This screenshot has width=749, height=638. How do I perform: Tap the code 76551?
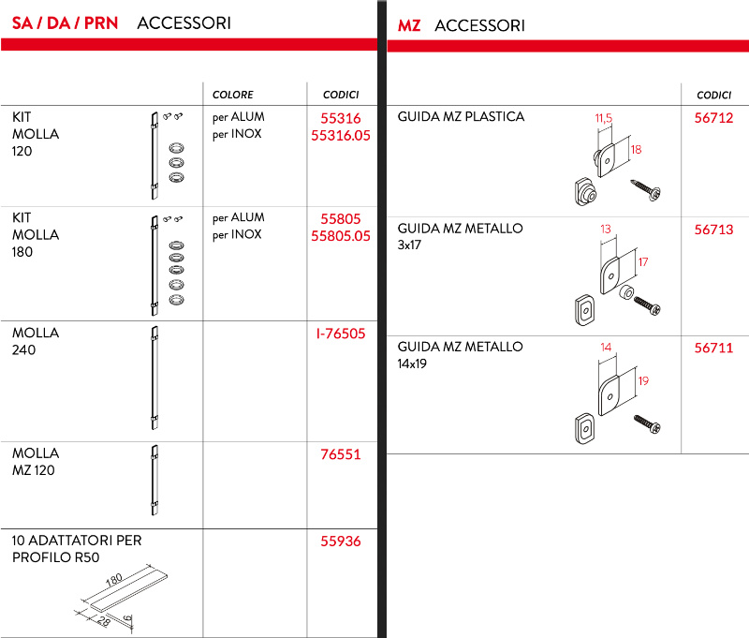coord(341,454)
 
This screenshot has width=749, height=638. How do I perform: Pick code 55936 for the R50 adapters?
coord(341,542)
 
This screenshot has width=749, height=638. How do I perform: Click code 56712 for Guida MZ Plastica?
coord(713,118)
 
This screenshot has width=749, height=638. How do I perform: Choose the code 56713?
coord(713,230)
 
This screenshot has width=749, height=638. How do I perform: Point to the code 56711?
coord(713,348)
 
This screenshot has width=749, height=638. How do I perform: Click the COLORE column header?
coord(233,95)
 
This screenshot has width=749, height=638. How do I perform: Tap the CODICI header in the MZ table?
coord(713,95)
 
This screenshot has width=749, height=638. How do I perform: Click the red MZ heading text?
coord(409,25)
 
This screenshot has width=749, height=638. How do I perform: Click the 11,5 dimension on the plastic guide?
coord(603,118)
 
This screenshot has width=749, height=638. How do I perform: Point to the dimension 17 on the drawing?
coord(643,263)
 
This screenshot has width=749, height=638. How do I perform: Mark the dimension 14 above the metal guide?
coord(606,348)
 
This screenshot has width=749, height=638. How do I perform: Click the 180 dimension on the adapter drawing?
coord(113,581)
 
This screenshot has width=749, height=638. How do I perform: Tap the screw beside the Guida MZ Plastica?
coord(646,188)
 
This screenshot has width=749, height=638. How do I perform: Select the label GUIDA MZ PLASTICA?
coord(461,117)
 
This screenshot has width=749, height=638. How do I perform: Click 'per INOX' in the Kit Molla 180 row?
coord(237,235)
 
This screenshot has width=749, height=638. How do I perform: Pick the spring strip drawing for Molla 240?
coord(154,379)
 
